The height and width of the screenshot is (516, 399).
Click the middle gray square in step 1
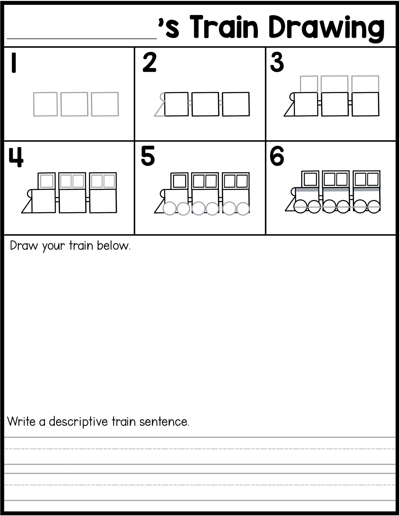[x=74, y=104]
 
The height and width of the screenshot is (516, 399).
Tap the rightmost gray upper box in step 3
[x=365, y=84]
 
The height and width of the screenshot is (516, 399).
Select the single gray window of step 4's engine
[x=47, y=181]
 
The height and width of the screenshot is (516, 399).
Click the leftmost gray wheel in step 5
[x=169, y=208]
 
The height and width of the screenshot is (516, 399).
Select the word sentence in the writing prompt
[x=164, y=422]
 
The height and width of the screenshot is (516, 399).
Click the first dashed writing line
[x=199, y=448]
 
